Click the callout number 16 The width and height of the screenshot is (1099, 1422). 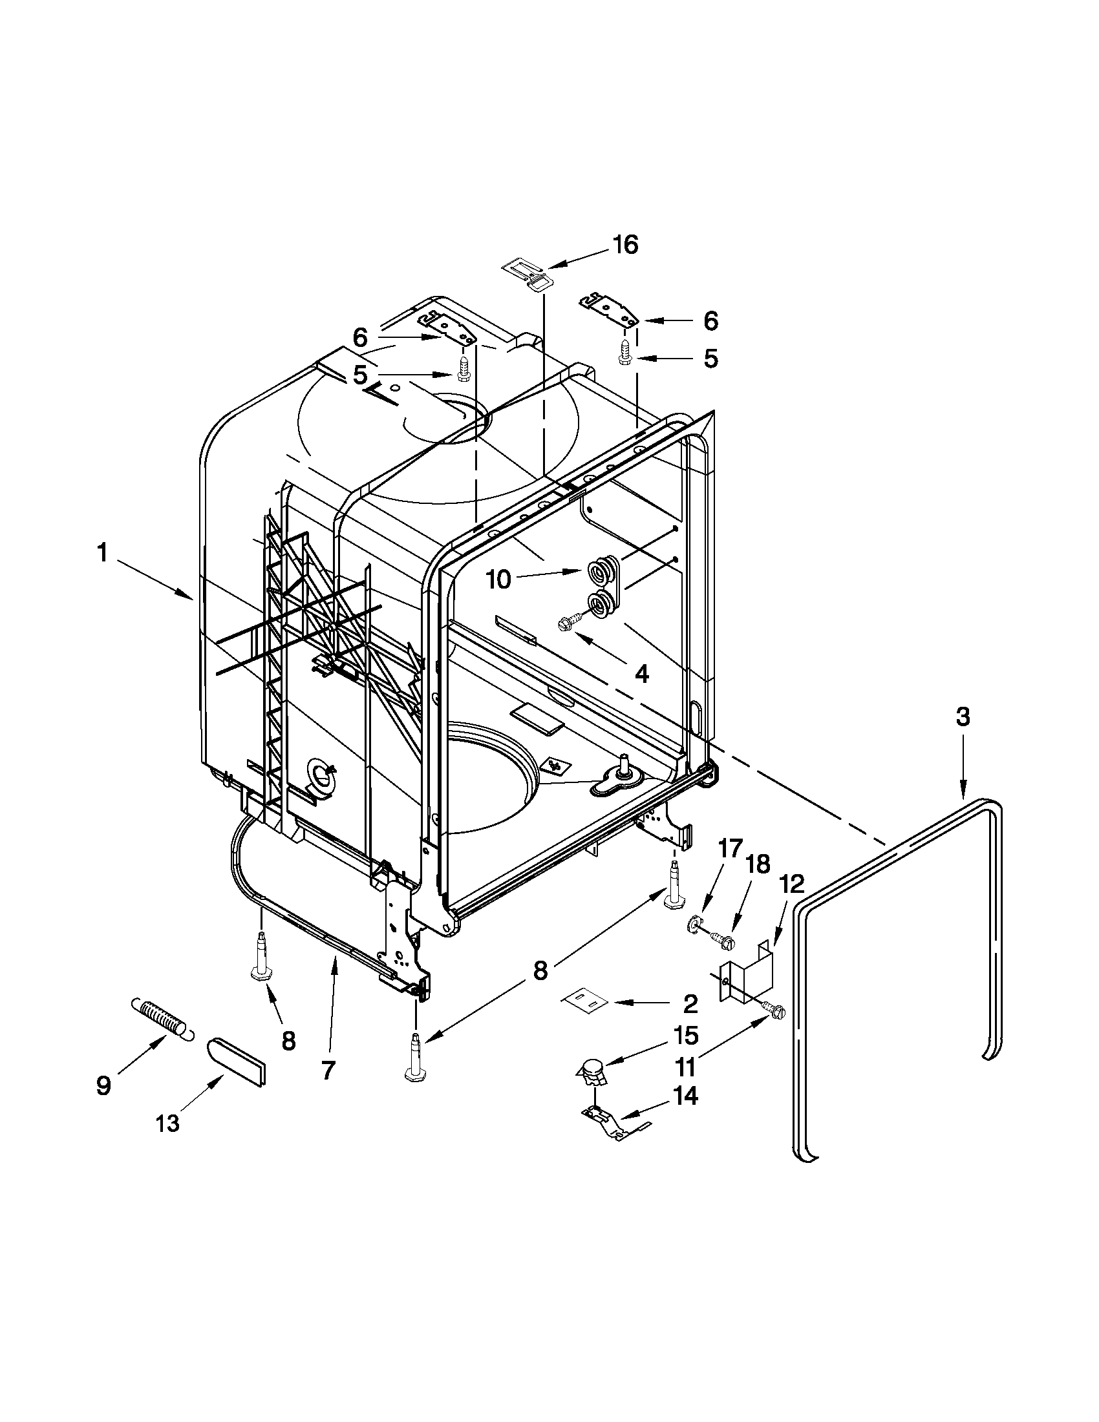(x=624, y=246)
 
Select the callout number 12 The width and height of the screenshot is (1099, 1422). (x=790, y=884)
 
